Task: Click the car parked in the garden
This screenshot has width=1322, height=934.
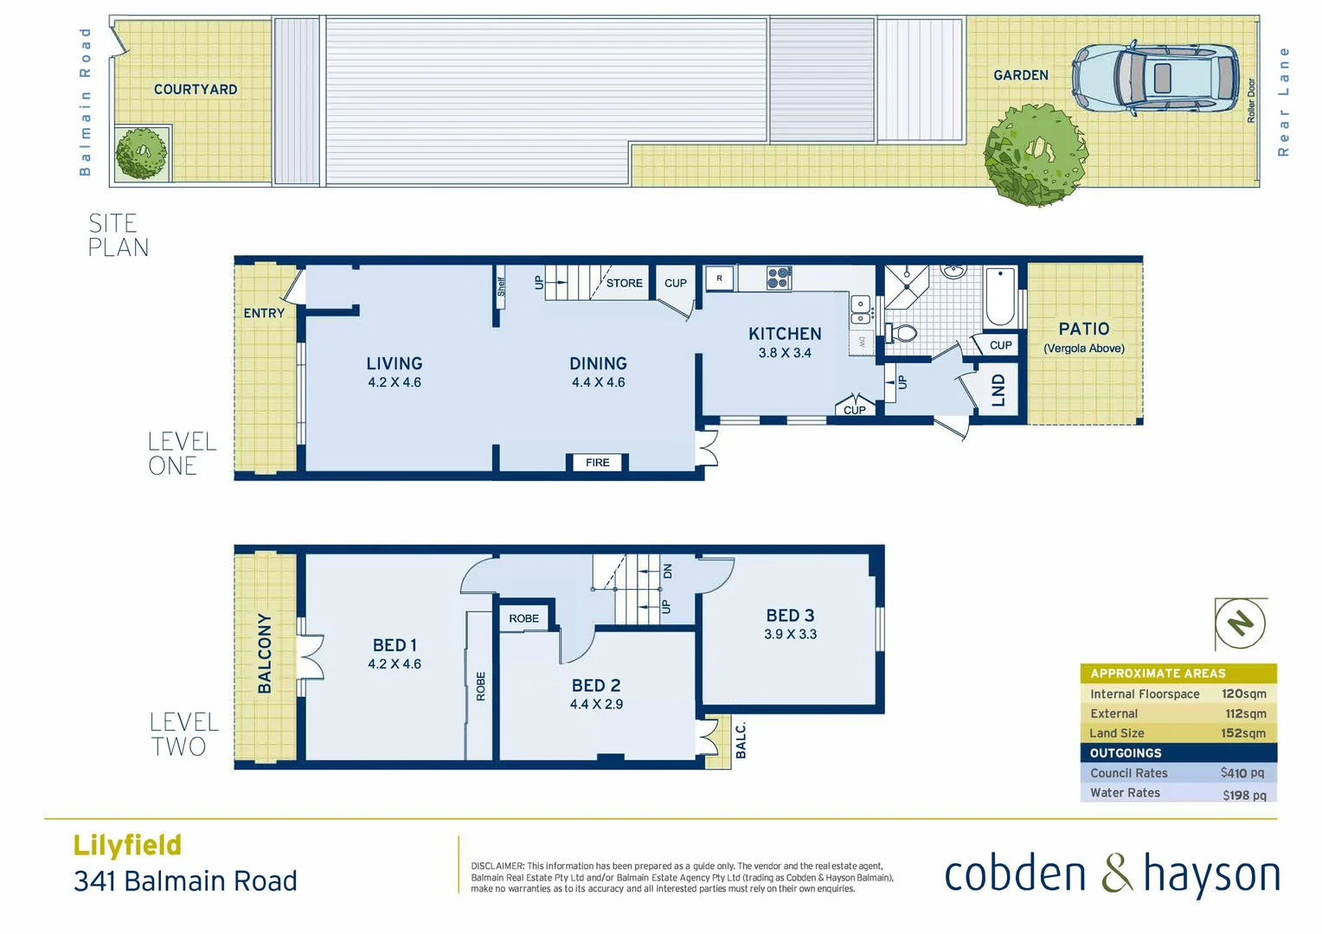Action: (x=1157, y=78)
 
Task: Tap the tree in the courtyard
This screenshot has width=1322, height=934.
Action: (x=142, y=154)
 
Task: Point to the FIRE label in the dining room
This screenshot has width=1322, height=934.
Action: (x=597, y=463)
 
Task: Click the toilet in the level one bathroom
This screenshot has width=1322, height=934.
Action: (x=902, y=333)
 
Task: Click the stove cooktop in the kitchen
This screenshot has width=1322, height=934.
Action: (x=778, y=278)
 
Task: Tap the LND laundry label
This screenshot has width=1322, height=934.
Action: (x=998, y=390)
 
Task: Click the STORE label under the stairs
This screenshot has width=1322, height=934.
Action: (x=624, y=283)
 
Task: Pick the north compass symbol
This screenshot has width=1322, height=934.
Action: (x=1241, y=623)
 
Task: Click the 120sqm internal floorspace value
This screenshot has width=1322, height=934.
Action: (x=1243, y=694)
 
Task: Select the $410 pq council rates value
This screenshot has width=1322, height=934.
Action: (x=1242, y=773)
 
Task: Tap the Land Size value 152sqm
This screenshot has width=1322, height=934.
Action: (x=1243, y=733)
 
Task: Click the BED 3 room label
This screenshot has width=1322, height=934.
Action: (x=790, y=616)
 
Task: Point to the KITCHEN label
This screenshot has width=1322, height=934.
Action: (x=785, y=334)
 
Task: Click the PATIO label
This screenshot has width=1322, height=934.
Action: (x=1083, y=329)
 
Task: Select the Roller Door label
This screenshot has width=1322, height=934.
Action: (x=1251, y=100)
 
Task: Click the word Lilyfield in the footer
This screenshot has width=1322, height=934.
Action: (x=127, y=845)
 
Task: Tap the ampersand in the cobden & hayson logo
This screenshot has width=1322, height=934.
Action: (x=1117, y=873)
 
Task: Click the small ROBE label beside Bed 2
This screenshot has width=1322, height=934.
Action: (x=523, y=618)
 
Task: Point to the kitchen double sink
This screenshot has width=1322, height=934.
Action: (x=860, y=310)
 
